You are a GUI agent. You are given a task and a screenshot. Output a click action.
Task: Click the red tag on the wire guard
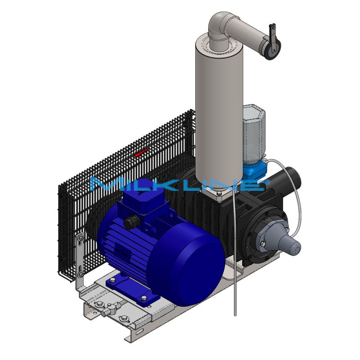click(x=141, y=153)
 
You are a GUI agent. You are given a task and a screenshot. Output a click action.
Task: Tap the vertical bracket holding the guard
click(x=80, y=261)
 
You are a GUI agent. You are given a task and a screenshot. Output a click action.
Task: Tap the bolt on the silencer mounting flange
click(x=219, y=194)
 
